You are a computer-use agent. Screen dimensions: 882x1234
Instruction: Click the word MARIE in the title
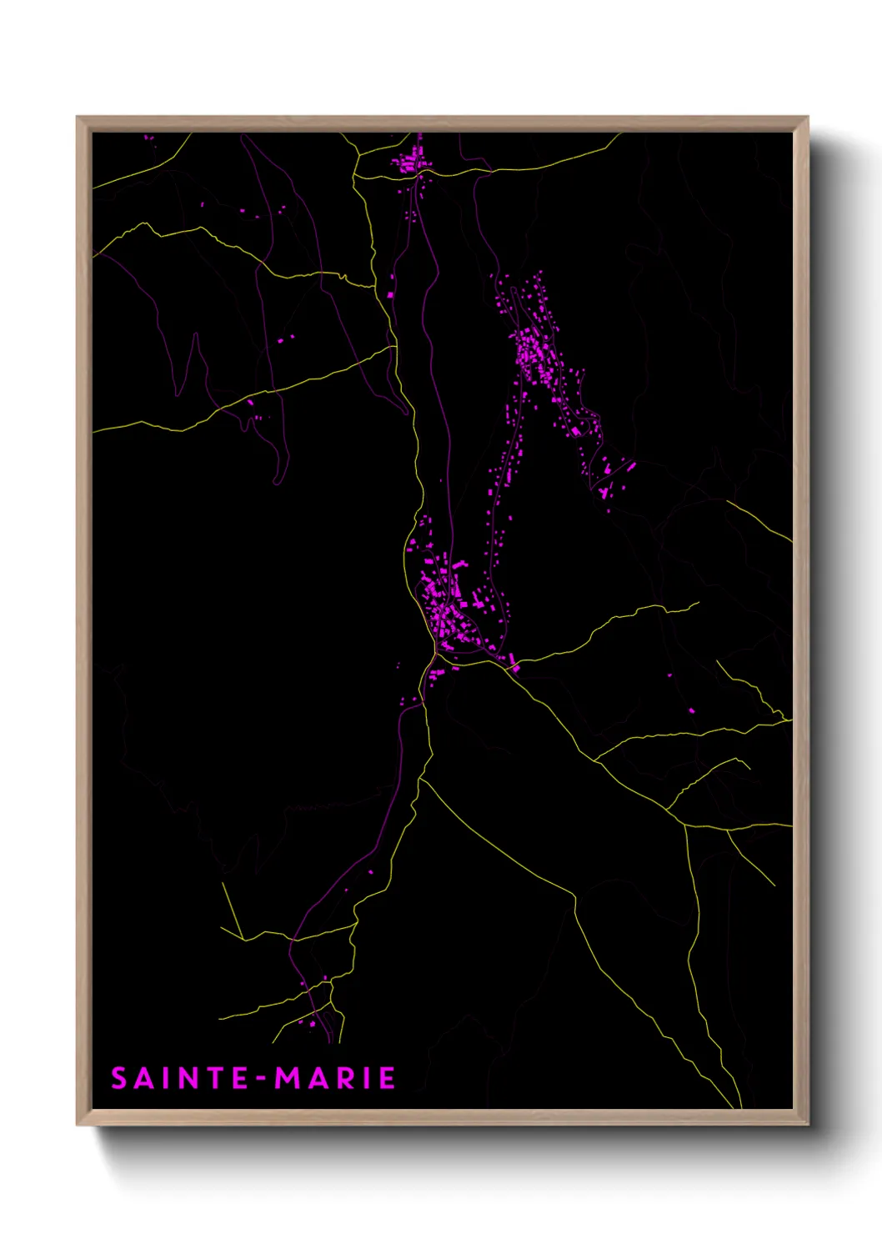tap(335, 1078)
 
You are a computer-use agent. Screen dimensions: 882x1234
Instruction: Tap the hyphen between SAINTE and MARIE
tap(262, 1080)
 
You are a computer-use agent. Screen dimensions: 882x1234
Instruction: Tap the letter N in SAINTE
tap(185, 1078)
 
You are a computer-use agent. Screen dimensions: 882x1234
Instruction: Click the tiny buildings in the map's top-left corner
tap(148, 138)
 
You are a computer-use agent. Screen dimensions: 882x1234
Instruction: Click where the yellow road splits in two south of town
tap(423, 780)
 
